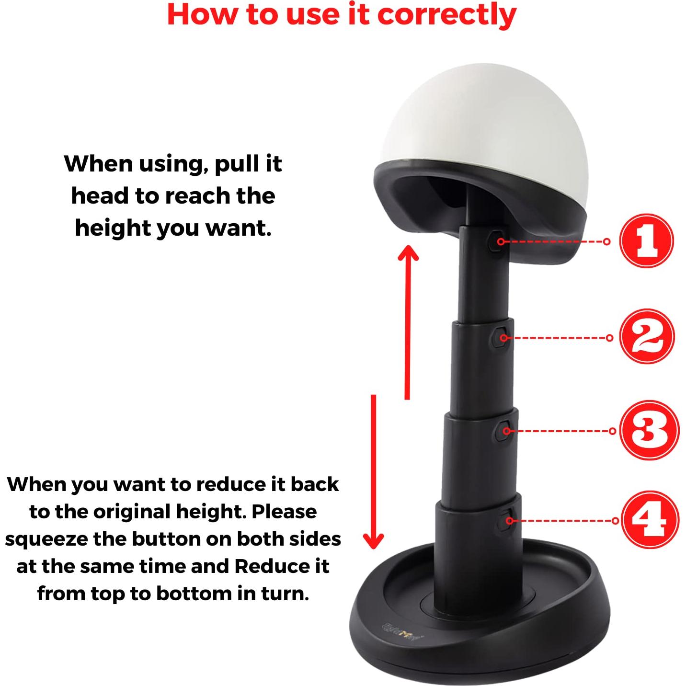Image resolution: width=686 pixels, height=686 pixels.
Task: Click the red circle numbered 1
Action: click(646, 241)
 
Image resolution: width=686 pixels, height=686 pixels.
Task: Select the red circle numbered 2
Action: click(646, 337)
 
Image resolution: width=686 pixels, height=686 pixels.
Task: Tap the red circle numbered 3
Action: click(649, 430)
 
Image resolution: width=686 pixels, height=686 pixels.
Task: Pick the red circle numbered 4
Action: click(650, 519)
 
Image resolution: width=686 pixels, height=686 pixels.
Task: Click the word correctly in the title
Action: click(446, 15)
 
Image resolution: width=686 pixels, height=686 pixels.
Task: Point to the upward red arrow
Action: click(408, 321)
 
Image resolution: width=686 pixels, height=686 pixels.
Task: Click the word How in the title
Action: click(203, 15)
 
